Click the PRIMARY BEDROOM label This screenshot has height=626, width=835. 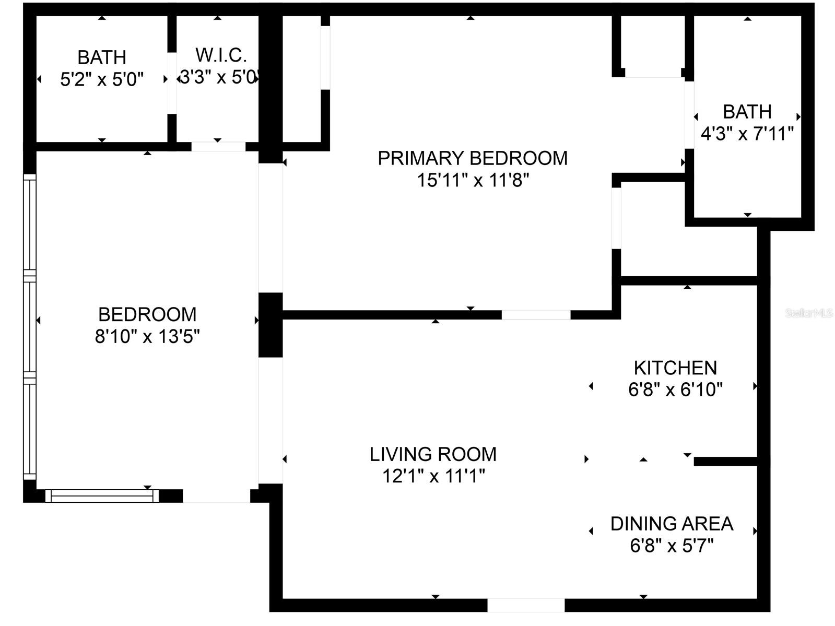coord(473,158)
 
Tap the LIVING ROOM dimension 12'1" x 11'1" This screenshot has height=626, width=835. coord(434,476)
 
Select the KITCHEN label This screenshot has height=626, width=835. coord(675,368)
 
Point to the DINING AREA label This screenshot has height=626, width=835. coord(672,524)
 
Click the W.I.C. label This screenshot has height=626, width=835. coord(221,55)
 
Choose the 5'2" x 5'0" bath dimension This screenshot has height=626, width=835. coord(102,79)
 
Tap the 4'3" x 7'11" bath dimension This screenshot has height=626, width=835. coord(747,134)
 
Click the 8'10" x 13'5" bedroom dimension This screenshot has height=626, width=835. coord(147,337)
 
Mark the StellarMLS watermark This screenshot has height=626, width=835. coord(809,313)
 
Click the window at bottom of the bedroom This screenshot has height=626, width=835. coord(102,495)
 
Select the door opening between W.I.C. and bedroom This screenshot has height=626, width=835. coord(218,147)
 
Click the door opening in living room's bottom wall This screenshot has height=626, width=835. coord(526,605)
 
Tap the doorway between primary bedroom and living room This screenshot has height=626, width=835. coord(536,315)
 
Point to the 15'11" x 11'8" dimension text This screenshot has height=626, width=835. coord(473,181)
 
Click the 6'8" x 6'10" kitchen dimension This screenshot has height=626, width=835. coord(675,389)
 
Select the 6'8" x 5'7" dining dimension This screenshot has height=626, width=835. coord(672,546)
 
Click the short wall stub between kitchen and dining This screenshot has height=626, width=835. coord(726,462)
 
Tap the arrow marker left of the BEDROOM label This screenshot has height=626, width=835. coord(39,320)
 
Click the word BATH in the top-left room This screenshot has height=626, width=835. coord(102,57)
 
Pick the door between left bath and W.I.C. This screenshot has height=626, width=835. coord(171,82)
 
